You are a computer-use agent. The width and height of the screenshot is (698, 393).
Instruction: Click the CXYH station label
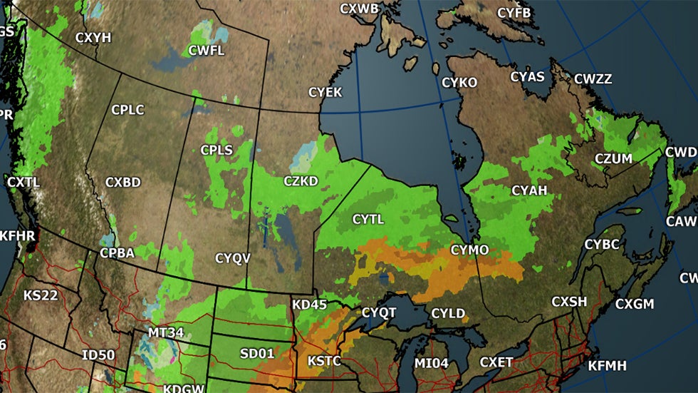coord(93,38)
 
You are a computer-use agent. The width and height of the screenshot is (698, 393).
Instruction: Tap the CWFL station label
coord(207,51)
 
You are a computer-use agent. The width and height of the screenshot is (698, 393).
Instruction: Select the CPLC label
coord(128,110)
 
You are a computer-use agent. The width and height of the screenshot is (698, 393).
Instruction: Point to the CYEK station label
coord(325,93)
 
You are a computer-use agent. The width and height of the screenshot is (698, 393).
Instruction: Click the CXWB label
coord(360,9)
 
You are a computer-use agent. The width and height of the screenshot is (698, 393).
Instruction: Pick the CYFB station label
coord(514,13)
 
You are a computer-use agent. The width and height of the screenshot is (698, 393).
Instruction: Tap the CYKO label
coord(459,83)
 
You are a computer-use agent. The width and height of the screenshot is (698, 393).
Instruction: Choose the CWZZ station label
coord(593,79)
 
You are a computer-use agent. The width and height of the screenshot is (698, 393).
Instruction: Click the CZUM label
coord(613,159)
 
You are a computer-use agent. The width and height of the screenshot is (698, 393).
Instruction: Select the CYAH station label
coord(529,190)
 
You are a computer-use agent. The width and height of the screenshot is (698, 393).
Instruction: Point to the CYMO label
coord(470,250)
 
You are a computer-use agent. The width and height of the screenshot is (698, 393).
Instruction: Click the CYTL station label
coord(368,219)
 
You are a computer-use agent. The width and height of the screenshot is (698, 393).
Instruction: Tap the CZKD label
coord(301,181)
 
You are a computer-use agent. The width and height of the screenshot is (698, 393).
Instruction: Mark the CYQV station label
coord(233,258)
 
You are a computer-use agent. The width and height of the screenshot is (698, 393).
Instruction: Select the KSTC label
coord(324,362)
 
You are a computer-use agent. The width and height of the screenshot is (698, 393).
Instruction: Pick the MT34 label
coord(166,332)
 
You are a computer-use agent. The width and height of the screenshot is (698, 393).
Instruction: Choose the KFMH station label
coord(607,366)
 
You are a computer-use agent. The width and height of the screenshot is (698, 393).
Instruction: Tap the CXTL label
coord(24,182)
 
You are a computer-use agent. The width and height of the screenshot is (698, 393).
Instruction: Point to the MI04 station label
coord(432,364)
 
